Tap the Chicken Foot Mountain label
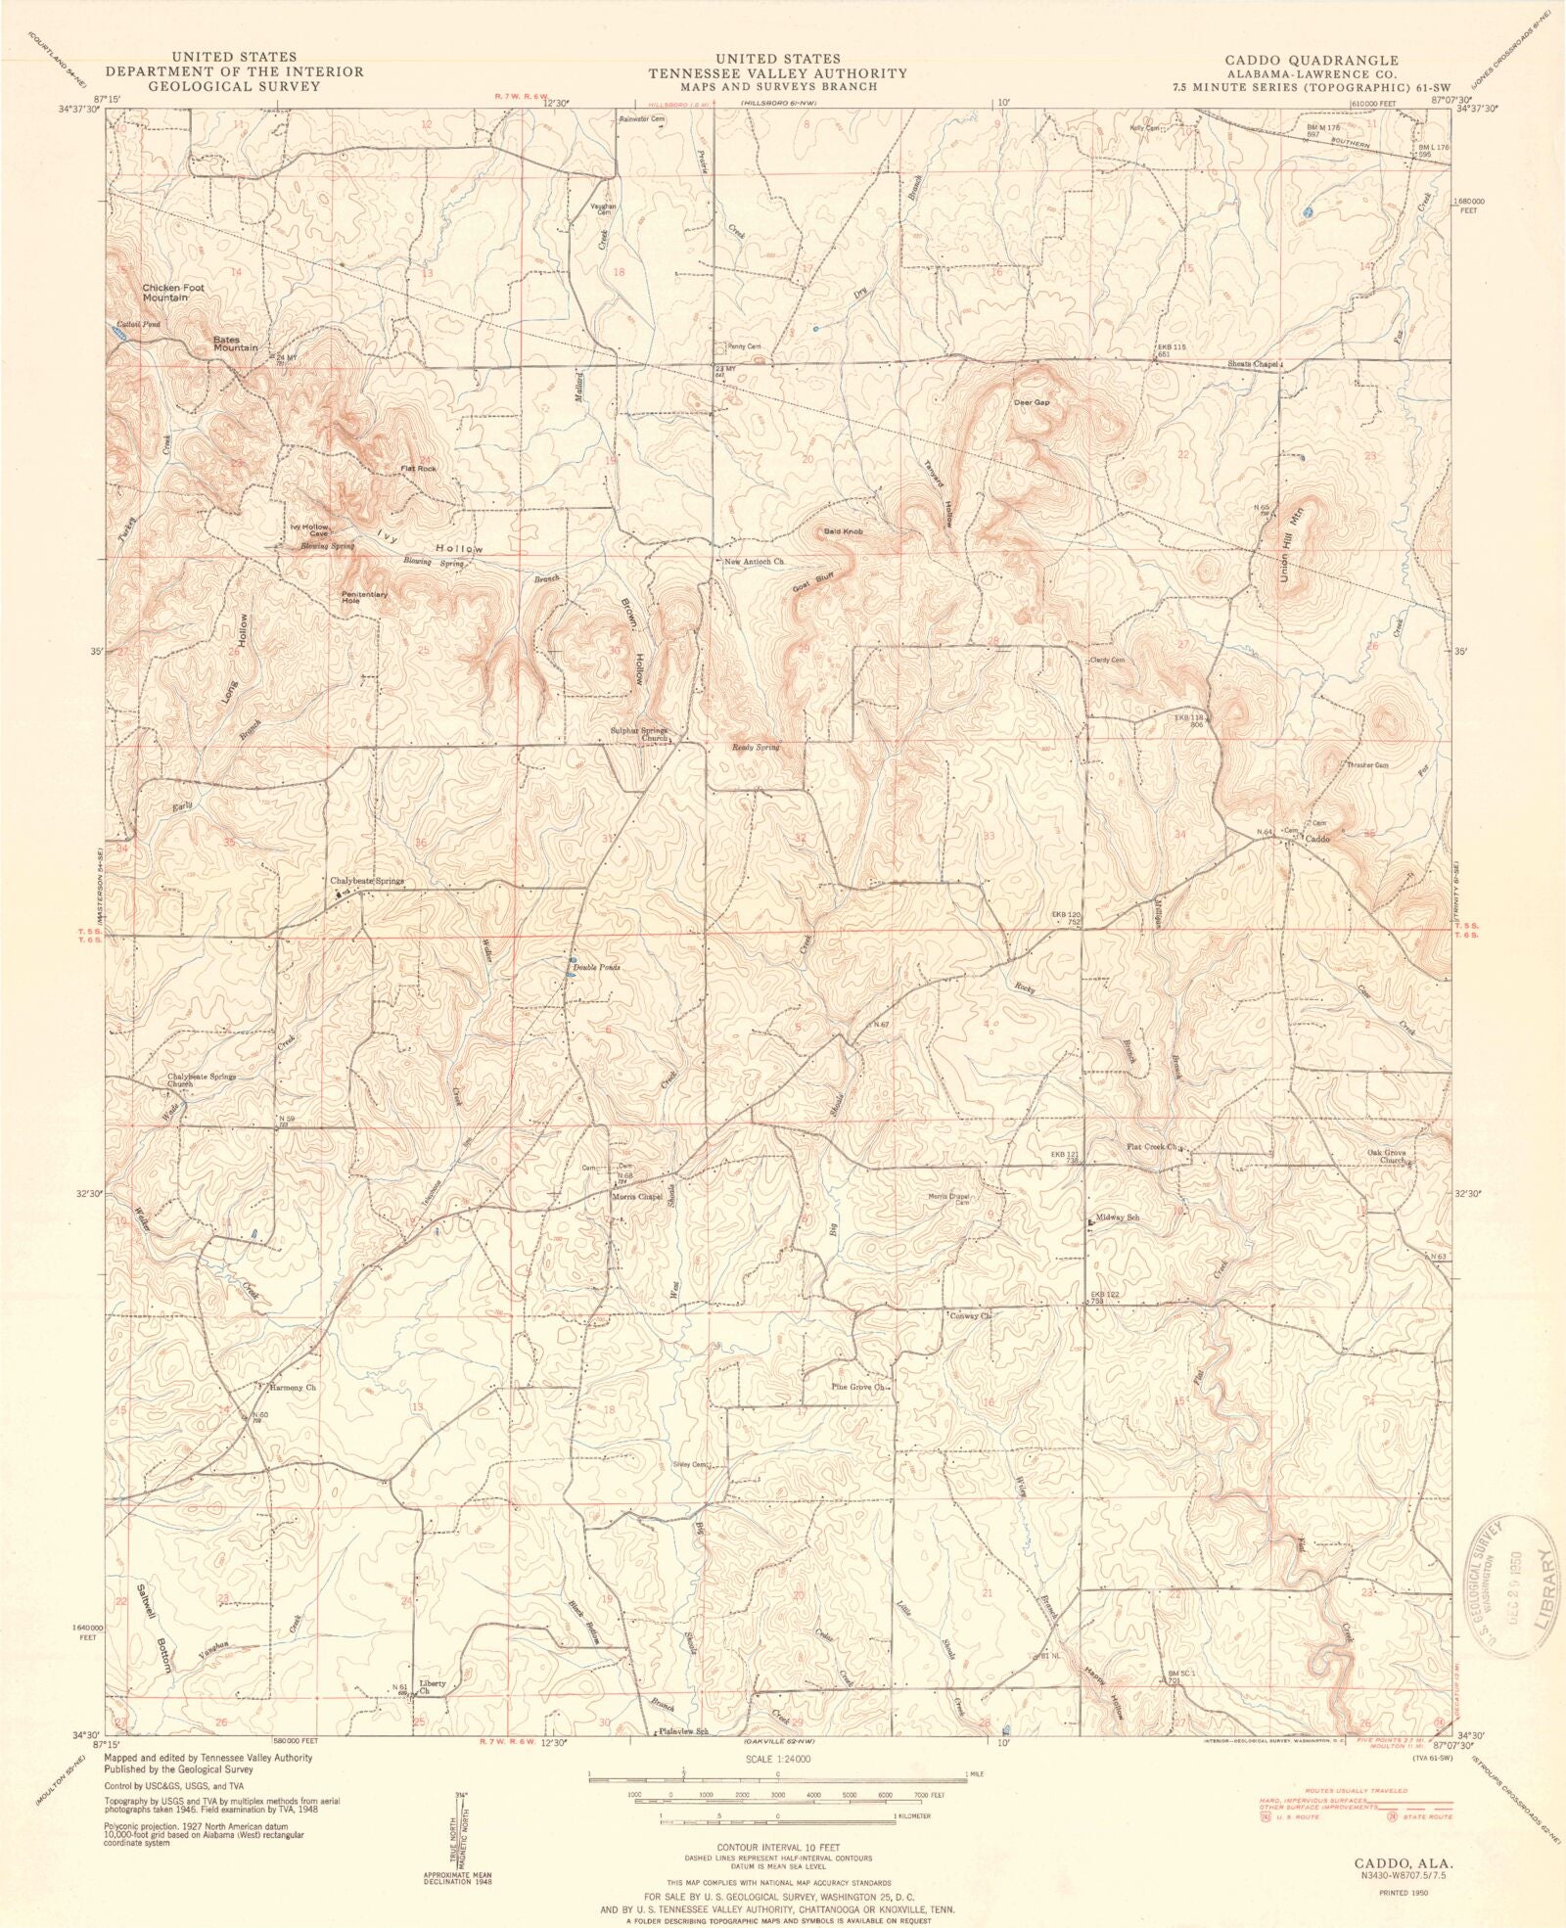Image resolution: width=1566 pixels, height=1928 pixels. [x=165, y=292]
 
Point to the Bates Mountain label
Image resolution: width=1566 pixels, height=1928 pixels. [x=236, y=343]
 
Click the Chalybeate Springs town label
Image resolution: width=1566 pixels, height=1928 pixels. [x=367, y=881]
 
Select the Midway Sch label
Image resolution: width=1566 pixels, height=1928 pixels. [x=1122, y=1217]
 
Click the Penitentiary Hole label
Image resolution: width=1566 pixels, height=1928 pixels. [x=364, y=597]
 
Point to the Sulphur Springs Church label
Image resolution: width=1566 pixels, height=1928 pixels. [x=639, y=734]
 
